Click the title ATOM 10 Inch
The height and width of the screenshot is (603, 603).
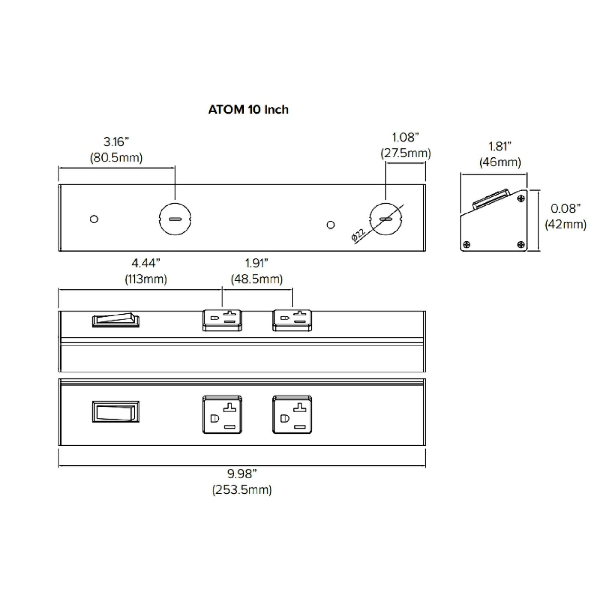(x=248, y=110)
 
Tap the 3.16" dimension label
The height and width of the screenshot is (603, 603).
(x=116, y=142)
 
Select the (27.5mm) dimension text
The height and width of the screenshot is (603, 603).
(x=405, y=153)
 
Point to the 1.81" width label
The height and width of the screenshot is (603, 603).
(x=500, y=146)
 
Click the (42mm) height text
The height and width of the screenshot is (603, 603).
(x=565, y=224)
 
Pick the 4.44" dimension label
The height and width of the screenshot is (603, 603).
(x=146, y=263)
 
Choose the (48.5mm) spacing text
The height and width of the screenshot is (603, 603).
(x=257, y=279)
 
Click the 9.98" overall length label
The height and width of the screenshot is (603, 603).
(x=242, y=474)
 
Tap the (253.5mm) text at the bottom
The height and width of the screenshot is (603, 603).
(x=242, y=489)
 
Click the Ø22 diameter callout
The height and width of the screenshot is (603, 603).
(x=358, y=235)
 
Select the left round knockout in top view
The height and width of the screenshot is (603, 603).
(x=175, y=219)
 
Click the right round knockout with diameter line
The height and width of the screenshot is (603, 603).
(x=385, y=219)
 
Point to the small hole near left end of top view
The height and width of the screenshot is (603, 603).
(x=94, y=219)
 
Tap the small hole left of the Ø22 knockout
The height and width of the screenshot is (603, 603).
(x=331, y=225)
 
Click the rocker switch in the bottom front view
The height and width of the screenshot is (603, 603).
(x=116, y=412)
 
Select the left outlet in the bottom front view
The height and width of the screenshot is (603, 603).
(x=222, y=415)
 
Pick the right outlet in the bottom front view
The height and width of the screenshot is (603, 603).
(x=292, y=415)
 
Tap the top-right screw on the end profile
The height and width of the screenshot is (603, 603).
(x=521, y=199)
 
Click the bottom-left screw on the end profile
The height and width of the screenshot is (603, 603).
(x=467, y=244)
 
